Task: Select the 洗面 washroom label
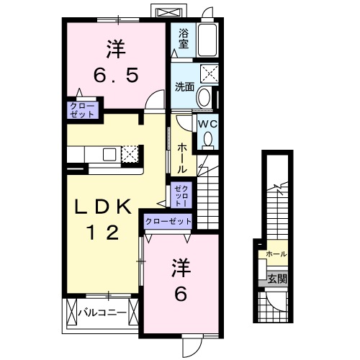click(184, 87)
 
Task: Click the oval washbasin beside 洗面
click(204, 97)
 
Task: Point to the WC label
click(207, 123)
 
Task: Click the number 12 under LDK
click(105, 232)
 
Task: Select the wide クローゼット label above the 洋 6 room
click(169, 222)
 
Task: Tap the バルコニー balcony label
click(102, 313)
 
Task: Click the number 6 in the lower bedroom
click(181, 294)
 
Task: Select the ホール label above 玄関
click(276, 254)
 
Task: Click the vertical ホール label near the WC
click(183, 156)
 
